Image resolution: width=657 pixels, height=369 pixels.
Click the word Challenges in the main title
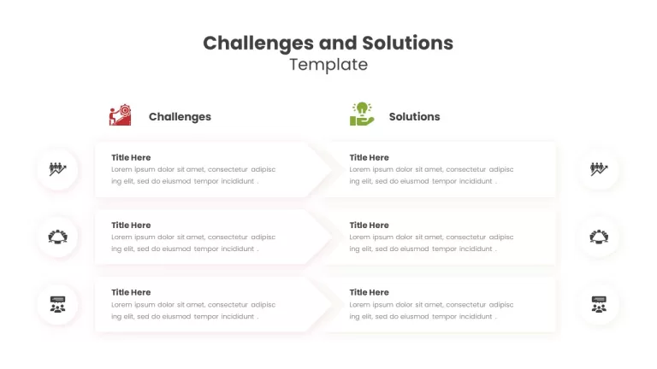click(258, 44)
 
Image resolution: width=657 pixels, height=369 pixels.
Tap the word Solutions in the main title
click(408, 43)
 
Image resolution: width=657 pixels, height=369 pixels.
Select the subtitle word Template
click(328, 64)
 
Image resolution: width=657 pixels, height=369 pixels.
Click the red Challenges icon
click(121, 115)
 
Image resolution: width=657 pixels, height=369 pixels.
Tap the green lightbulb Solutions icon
click(362, 114)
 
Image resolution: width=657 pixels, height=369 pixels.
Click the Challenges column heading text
click(180, 117)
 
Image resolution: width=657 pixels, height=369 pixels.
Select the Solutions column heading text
click(414, 116)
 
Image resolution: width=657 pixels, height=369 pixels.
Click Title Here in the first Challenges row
click(131, 157)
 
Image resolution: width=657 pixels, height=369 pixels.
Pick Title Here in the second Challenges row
click(131, 225)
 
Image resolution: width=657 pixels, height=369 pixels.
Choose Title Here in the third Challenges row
click(131, 292)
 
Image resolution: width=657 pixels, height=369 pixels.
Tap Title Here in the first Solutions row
click(370, 157)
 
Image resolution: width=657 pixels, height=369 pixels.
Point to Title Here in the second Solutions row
click(370, 225)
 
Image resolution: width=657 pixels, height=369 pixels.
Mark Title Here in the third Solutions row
click(370, 292)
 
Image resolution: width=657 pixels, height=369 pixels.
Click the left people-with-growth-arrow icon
click(57, 169)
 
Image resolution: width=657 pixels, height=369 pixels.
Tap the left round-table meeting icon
click(57, 237)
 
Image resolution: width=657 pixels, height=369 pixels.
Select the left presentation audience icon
click(57, 305)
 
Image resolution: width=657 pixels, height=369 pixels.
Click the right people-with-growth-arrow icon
click(599, 169)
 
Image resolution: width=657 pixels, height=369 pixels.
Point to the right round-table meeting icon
click(599, 237)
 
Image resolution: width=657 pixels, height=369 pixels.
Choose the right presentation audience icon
click(599, 305)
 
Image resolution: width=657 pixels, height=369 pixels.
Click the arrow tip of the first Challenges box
click(331, 169)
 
